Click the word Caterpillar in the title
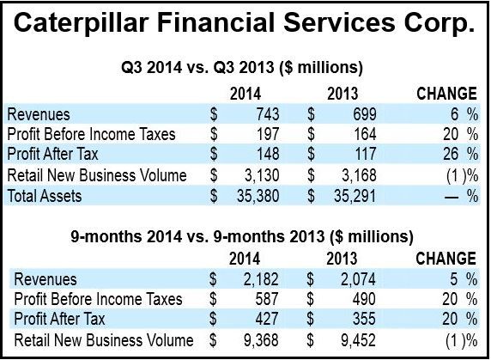(x=82, y=24)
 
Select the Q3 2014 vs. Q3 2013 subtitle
(x=242, y=67)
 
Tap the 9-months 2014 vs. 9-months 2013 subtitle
(x=242, y=236)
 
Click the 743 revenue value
(x=268, y=114)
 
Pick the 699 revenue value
(x=365, y=114)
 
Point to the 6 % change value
(x=464, y=114)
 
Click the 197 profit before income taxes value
(x=268, y=134)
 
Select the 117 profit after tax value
(x=365, y=154)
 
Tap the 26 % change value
(x=461, y=154)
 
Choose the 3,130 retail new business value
(x=262, y=175)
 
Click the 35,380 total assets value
(x=258, y=196)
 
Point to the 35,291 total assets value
(x=355, y=196)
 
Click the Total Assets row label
(x=44, y=196)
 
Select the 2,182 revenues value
(x=261, y=279)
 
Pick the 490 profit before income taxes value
(x=364, y=299)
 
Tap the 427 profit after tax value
(x=266, y=319)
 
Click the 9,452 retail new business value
(x=358, y=340)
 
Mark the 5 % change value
(x=464, y=279)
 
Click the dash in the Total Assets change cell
(x=452, y=198)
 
